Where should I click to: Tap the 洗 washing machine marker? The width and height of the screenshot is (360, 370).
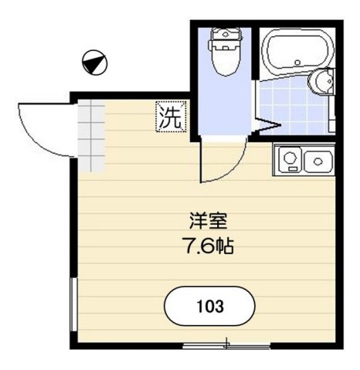[172, 117]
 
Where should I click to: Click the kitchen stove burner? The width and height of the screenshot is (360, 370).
[290, 160]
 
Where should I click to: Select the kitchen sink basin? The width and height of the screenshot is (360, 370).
[318, 161]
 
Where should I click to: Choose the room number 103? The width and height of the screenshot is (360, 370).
[209, 306]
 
